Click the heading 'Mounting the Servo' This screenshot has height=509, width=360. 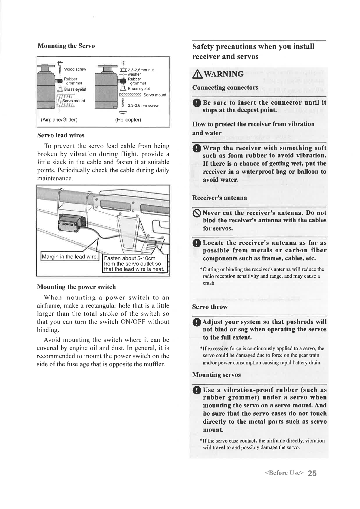coord(66,46)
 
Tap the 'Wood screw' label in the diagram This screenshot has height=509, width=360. coord(75,70)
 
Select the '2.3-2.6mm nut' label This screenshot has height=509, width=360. coord(141,70)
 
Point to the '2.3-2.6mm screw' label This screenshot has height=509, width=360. coord(143,106)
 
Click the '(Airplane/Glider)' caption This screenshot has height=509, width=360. coord(59,119)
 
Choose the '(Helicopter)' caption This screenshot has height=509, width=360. coord(128,119)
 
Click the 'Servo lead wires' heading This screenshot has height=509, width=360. coord(61,135)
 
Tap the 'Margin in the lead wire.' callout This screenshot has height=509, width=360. coord(70,257)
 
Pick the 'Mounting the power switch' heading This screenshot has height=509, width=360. coord(76,287)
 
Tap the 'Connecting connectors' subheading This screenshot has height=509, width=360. coord(225,88)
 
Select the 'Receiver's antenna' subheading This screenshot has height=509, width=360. coord(220,198)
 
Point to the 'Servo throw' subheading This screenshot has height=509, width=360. coord(210,307)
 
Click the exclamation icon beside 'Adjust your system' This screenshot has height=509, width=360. coord(197,322)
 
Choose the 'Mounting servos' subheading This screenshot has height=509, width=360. coord(217,375)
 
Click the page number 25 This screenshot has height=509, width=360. coord(313,473)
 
